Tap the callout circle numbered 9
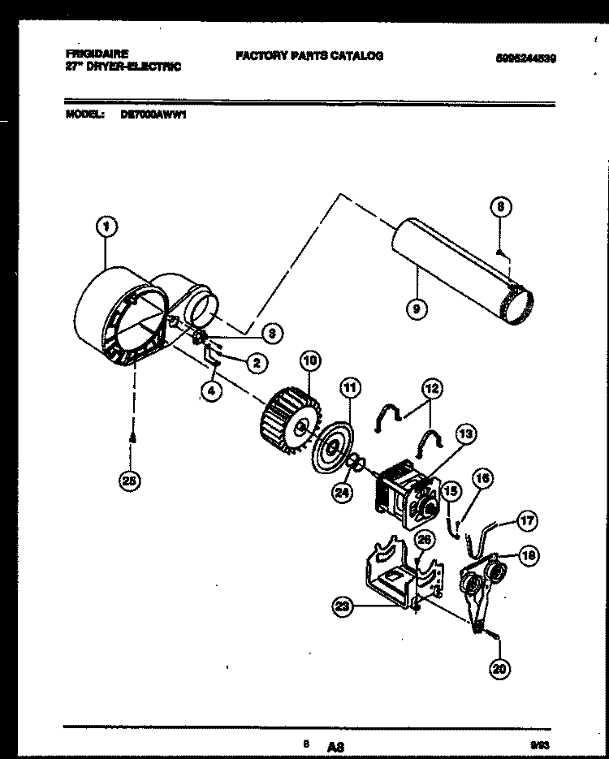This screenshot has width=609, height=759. pos(415,308)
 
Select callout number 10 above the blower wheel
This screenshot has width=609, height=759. pos(309,360)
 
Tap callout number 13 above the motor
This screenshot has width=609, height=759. pos(465,433)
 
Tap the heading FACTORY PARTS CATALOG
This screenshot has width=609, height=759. pos(309,56)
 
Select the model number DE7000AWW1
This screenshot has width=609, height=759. pos(154,114)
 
